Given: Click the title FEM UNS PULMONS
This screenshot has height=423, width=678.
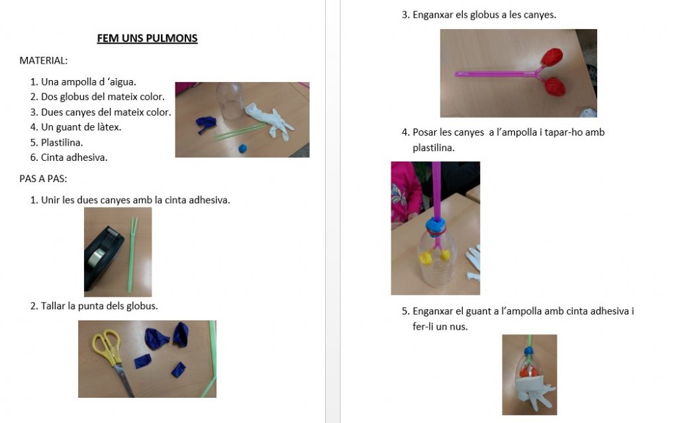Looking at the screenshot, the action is (x=147, y=38).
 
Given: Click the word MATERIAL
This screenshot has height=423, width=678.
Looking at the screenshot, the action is (x=43, y=60).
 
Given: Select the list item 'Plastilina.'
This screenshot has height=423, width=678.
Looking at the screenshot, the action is (x=62, y=142).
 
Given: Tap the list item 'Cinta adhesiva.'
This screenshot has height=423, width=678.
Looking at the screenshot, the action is (x=74, y=158).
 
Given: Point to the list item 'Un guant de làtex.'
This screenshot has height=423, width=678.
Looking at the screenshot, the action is (x=81, y=127).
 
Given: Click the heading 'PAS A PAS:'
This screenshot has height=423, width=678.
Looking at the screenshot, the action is (x=43, y=179).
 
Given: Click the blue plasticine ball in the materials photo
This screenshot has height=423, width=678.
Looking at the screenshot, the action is (x=242, y=148).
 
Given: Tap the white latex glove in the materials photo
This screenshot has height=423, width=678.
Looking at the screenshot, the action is (x=269, y=121).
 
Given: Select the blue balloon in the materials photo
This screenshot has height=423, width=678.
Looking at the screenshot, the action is (x=205, y=124).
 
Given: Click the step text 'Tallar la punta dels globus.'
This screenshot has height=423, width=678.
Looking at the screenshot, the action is (x=99, y=306).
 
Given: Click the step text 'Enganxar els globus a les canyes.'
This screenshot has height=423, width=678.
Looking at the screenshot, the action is (x=484, y=15).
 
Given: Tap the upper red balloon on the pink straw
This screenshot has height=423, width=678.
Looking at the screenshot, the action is (x=553, y=57).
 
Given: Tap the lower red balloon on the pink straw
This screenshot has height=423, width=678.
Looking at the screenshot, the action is (x=556, y=87).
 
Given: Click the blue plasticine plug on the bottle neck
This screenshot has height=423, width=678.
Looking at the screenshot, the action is (x=436, y=225).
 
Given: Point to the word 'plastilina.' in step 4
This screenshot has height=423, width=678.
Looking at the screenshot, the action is (x=434, y=148).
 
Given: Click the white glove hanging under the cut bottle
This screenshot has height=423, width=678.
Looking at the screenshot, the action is (x=534, y=392).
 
